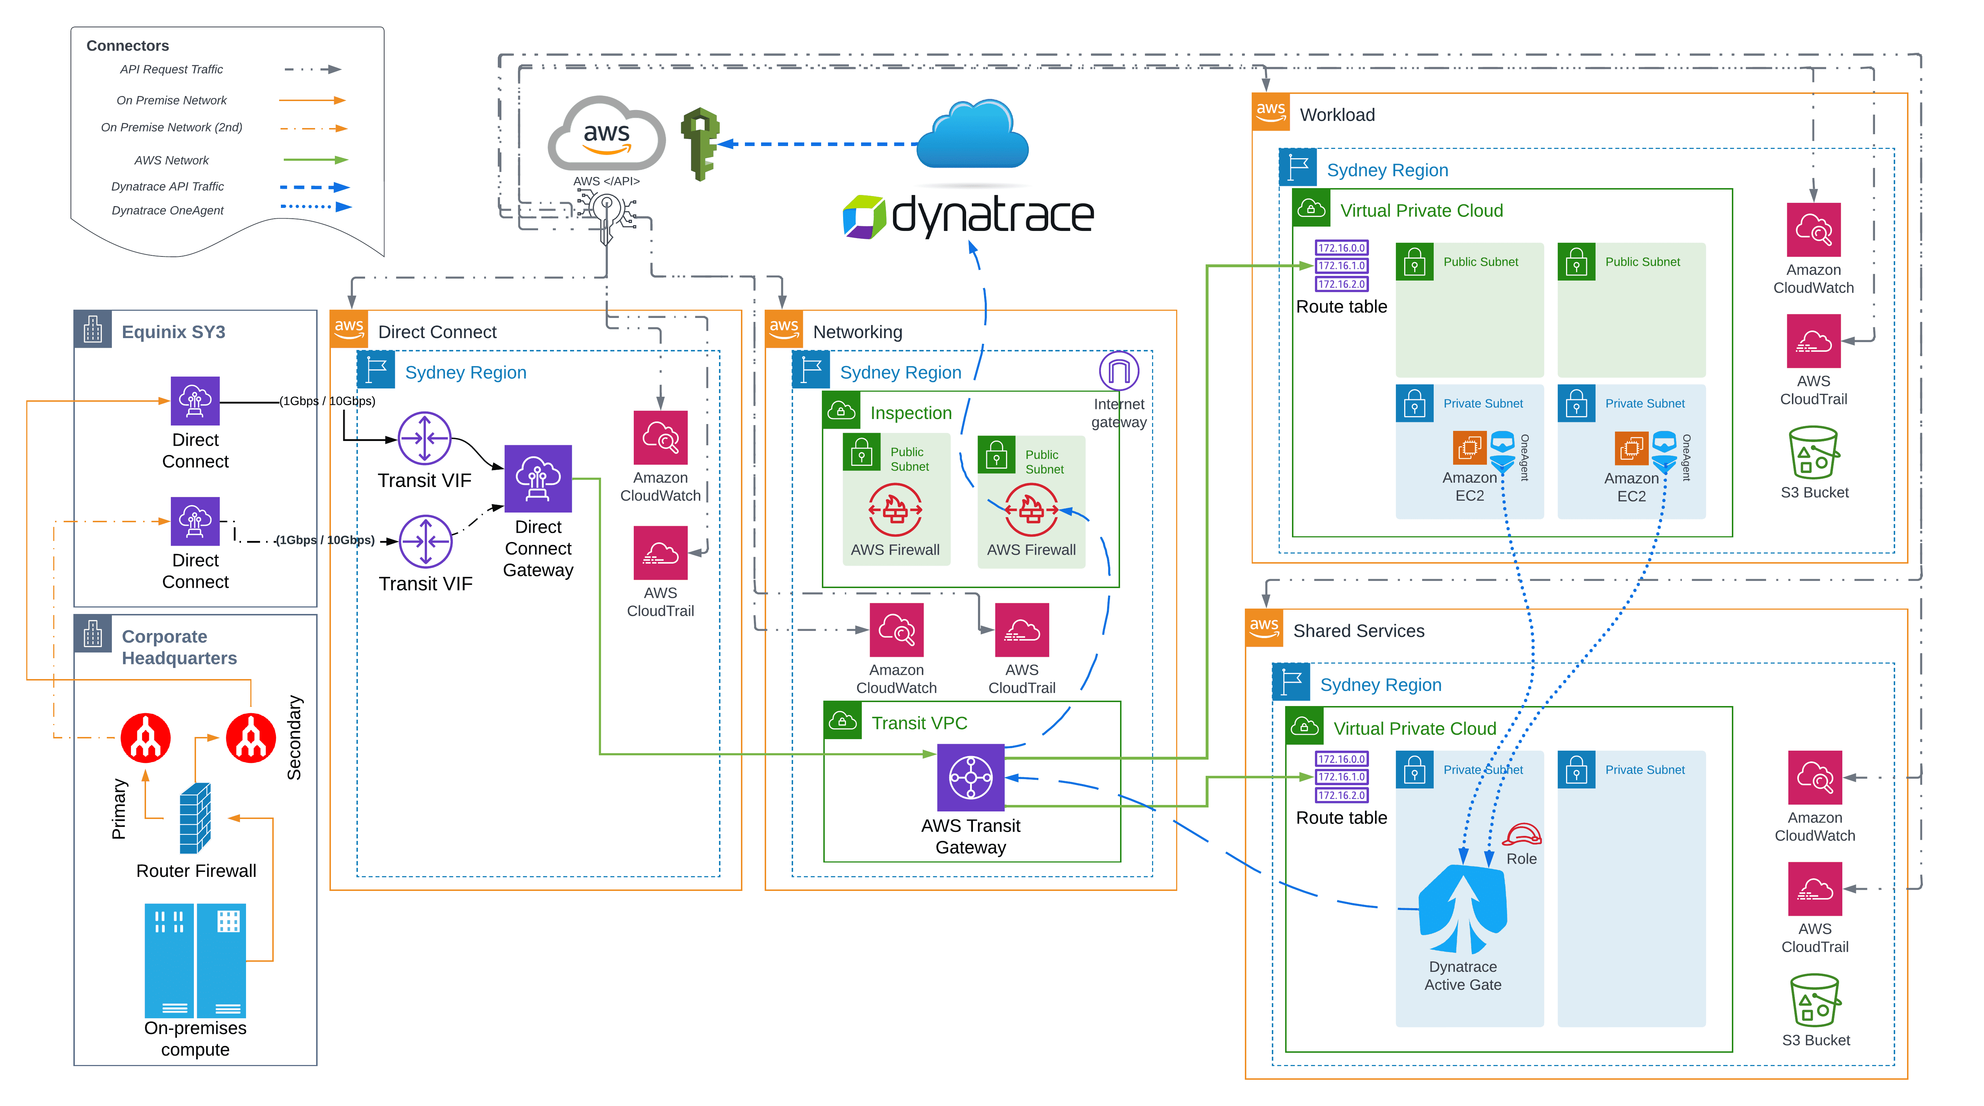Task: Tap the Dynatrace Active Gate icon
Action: [x=1462, y=909]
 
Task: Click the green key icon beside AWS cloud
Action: [x=699, y=143]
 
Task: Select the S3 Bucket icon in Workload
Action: [x=1814, y=453]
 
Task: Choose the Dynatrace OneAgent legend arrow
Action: [x=316, y=206]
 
